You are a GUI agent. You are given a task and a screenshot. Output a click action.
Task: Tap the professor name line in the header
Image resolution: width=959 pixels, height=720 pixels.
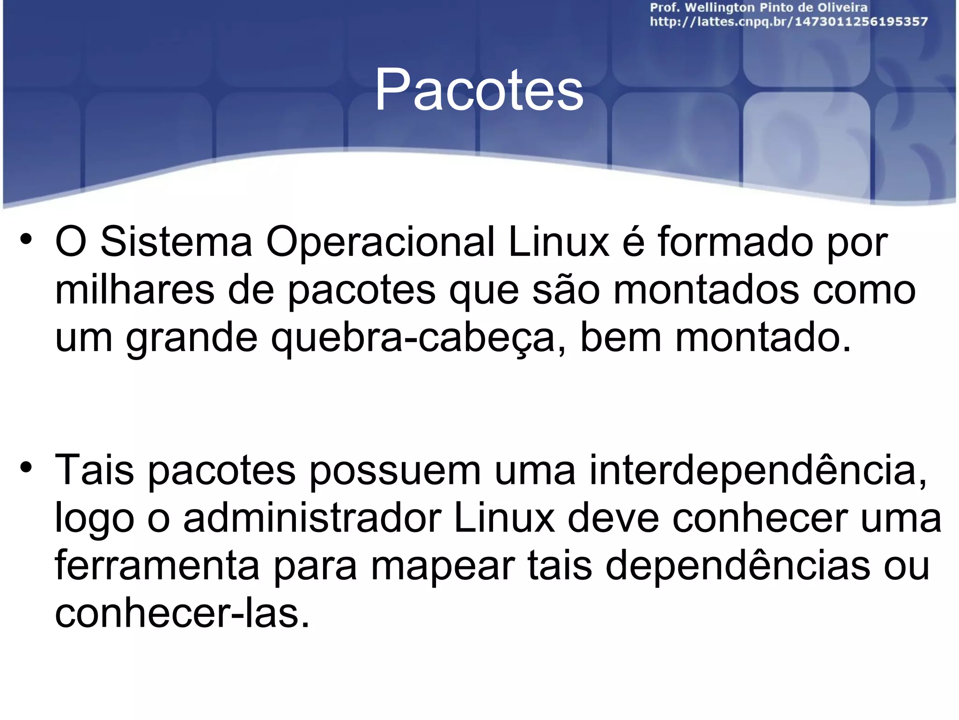point(759,7)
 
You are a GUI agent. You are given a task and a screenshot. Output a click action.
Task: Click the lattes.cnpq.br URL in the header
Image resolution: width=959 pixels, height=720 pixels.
point(789,22)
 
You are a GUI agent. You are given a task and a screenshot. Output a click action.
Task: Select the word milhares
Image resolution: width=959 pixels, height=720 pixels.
point(135,290)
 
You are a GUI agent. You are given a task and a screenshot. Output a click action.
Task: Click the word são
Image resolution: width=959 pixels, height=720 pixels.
point(566,290)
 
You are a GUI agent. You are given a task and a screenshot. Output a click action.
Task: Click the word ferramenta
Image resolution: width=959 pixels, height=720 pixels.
point(157,566)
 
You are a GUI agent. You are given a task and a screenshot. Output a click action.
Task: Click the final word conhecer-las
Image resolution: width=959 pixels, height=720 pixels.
point(182,614)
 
